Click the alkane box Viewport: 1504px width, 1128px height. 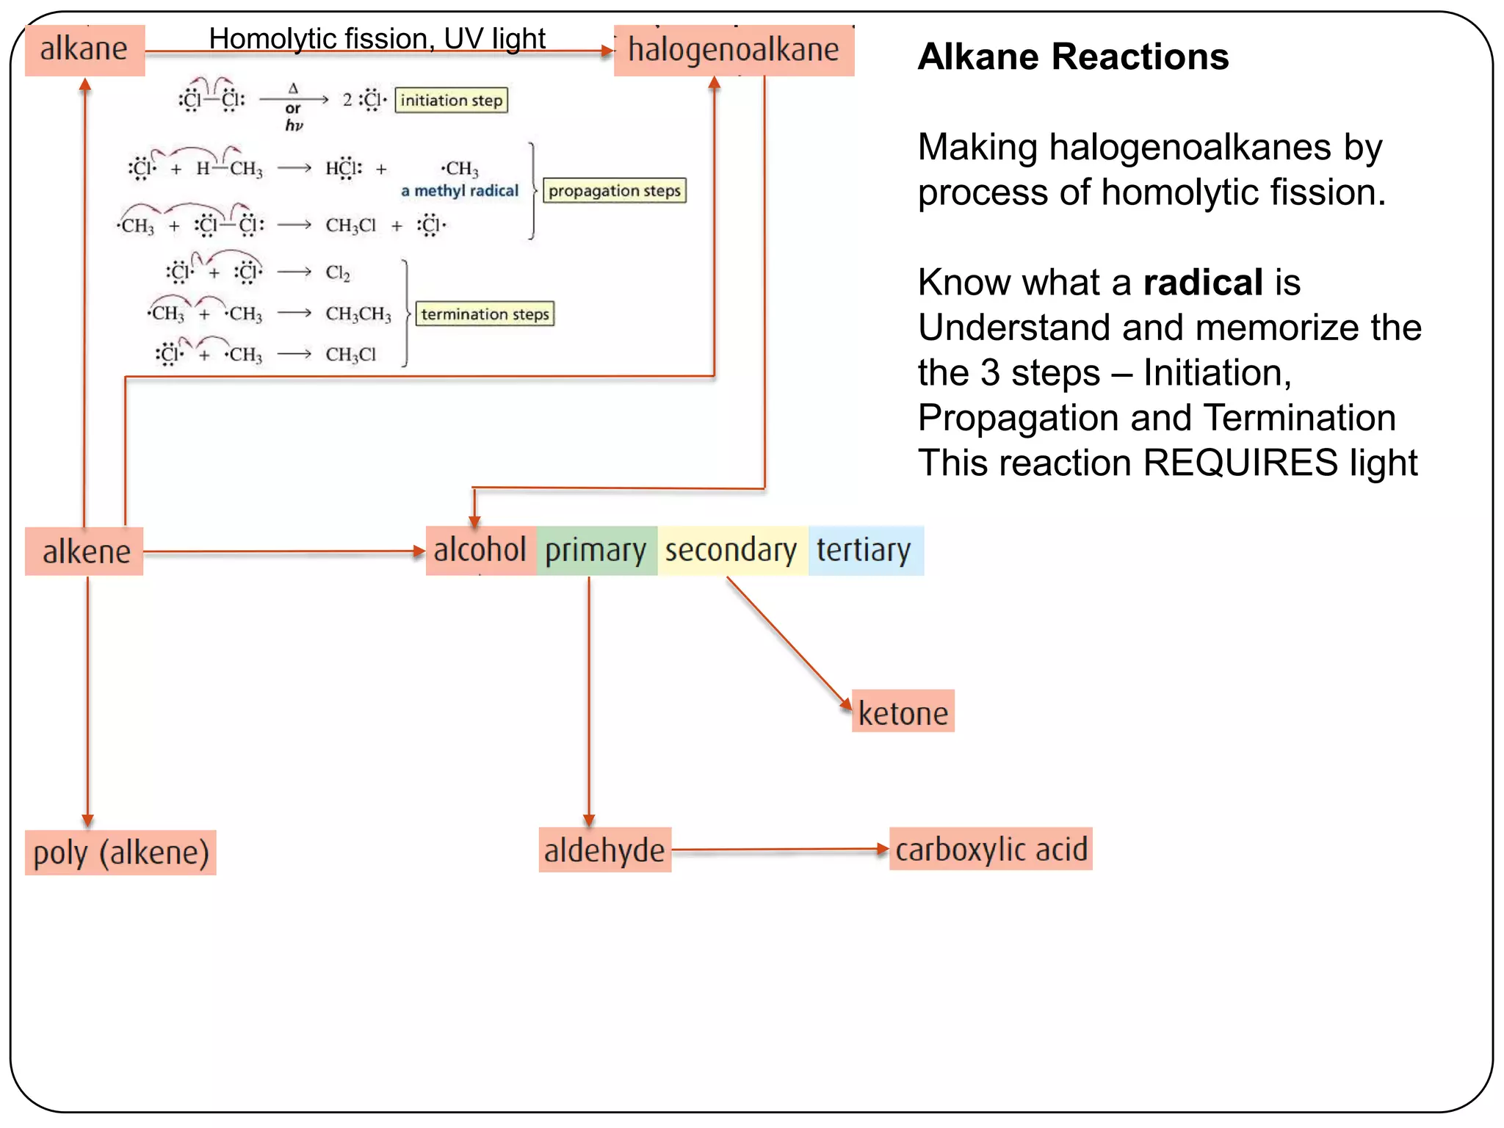[84, 50]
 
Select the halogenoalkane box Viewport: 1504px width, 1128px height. [733, 51]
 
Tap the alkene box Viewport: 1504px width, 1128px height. [84, 552]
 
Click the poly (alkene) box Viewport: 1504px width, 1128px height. [120, 853]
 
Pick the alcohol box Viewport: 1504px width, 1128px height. [480, 551]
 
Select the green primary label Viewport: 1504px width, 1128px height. [596, 551]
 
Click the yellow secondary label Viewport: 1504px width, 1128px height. [731, 551]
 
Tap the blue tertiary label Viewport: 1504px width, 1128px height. [864, 551]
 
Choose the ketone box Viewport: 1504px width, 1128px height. [903, 712]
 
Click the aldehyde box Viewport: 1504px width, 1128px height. [604, 850]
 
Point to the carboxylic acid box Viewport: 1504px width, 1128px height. [991, 850]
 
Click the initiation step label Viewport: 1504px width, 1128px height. [451, 100]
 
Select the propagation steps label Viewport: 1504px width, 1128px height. [614, 191]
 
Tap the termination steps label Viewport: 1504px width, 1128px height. [485, 314]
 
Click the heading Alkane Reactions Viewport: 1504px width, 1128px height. [1073, 57]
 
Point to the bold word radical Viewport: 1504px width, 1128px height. [1203, 283]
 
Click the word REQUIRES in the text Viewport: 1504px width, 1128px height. [1240, 463]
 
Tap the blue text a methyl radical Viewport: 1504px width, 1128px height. [460, 191]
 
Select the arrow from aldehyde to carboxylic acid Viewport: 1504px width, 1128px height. [778, 850]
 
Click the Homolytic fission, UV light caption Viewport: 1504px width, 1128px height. [377, 38]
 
